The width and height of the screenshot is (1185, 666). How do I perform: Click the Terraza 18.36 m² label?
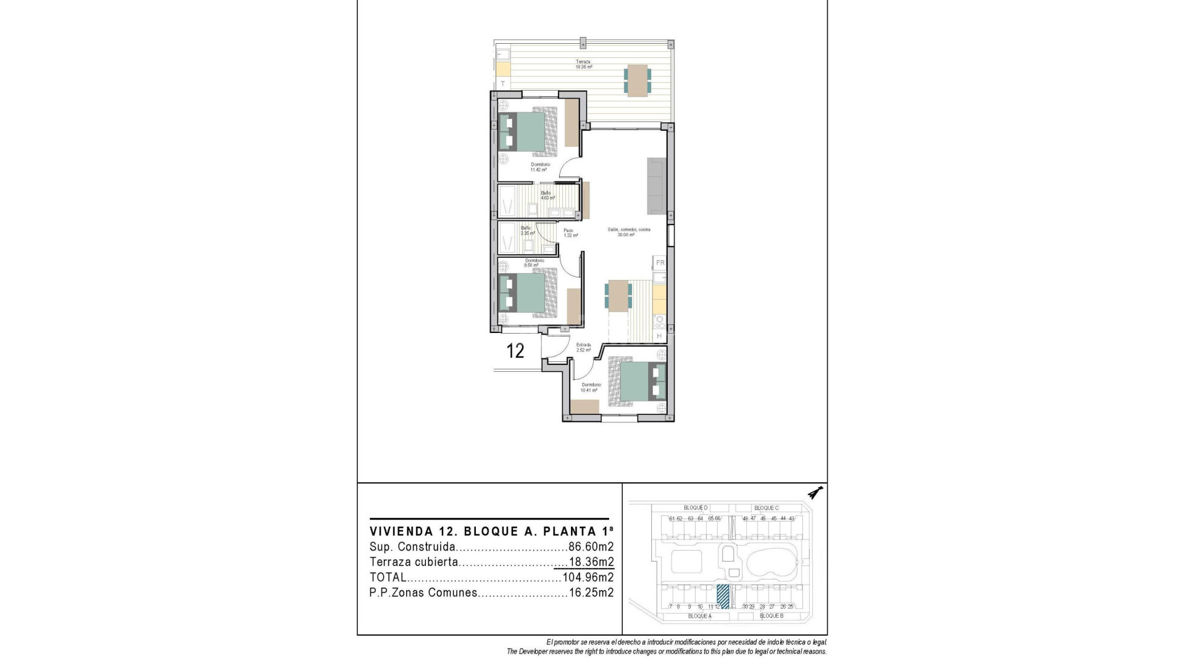pos(583,64)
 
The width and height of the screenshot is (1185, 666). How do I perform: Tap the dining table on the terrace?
pos(637,81)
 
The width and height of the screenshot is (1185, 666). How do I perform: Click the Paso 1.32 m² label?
pos(570,233)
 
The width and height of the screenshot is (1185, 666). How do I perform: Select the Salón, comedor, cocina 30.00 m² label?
pos(628,232)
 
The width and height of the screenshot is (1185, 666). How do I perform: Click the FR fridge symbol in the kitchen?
pos(660,263)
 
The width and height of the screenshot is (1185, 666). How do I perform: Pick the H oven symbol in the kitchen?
pos(659,336)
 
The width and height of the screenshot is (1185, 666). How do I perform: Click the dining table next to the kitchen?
pos(618,295)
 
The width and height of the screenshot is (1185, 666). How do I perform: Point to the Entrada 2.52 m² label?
pos(583,347)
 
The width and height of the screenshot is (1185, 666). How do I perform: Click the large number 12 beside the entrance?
pos(515,351)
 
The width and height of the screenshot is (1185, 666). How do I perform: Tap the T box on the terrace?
pos(503,83)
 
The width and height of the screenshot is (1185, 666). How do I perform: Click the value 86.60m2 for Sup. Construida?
pos(591,547)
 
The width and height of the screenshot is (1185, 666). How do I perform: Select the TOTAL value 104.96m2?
pos(588,578)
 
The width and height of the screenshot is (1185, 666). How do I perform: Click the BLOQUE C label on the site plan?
pos(766,508)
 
